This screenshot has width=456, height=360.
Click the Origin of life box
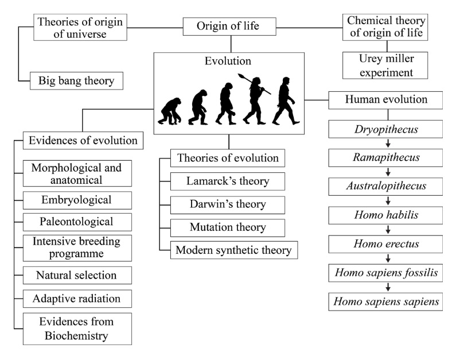(229, 26)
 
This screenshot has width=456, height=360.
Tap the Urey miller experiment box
(385, 65)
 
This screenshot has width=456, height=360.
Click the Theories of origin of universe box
(80, 28)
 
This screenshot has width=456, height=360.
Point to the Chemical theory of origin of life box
(385, 27)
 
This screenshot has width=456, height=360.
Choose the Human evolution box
(385, 99)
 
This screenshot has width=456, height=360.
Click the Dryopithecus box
(385, 129)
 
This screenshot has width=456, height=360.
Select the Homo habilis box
(385, 215)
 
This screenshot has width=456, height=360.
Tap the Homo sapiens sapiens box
(385, 301)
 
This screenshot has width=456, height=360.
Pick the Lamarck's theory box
(228, 181)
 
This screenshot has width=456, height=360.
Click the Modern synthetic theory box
(233, 250)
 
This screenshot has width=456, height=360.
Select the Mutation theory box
(228, 227)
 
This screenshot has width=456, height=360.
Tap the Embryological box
(77, 200)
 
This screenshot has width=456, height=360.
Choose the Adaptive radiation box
(77, 299)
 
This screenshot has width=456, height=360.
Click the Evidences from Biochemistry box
(77, 328)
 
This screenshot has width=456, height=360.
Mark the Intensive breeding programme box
(77, 247)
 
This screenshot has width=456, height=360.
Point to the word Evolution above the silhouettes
(228, 61)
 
